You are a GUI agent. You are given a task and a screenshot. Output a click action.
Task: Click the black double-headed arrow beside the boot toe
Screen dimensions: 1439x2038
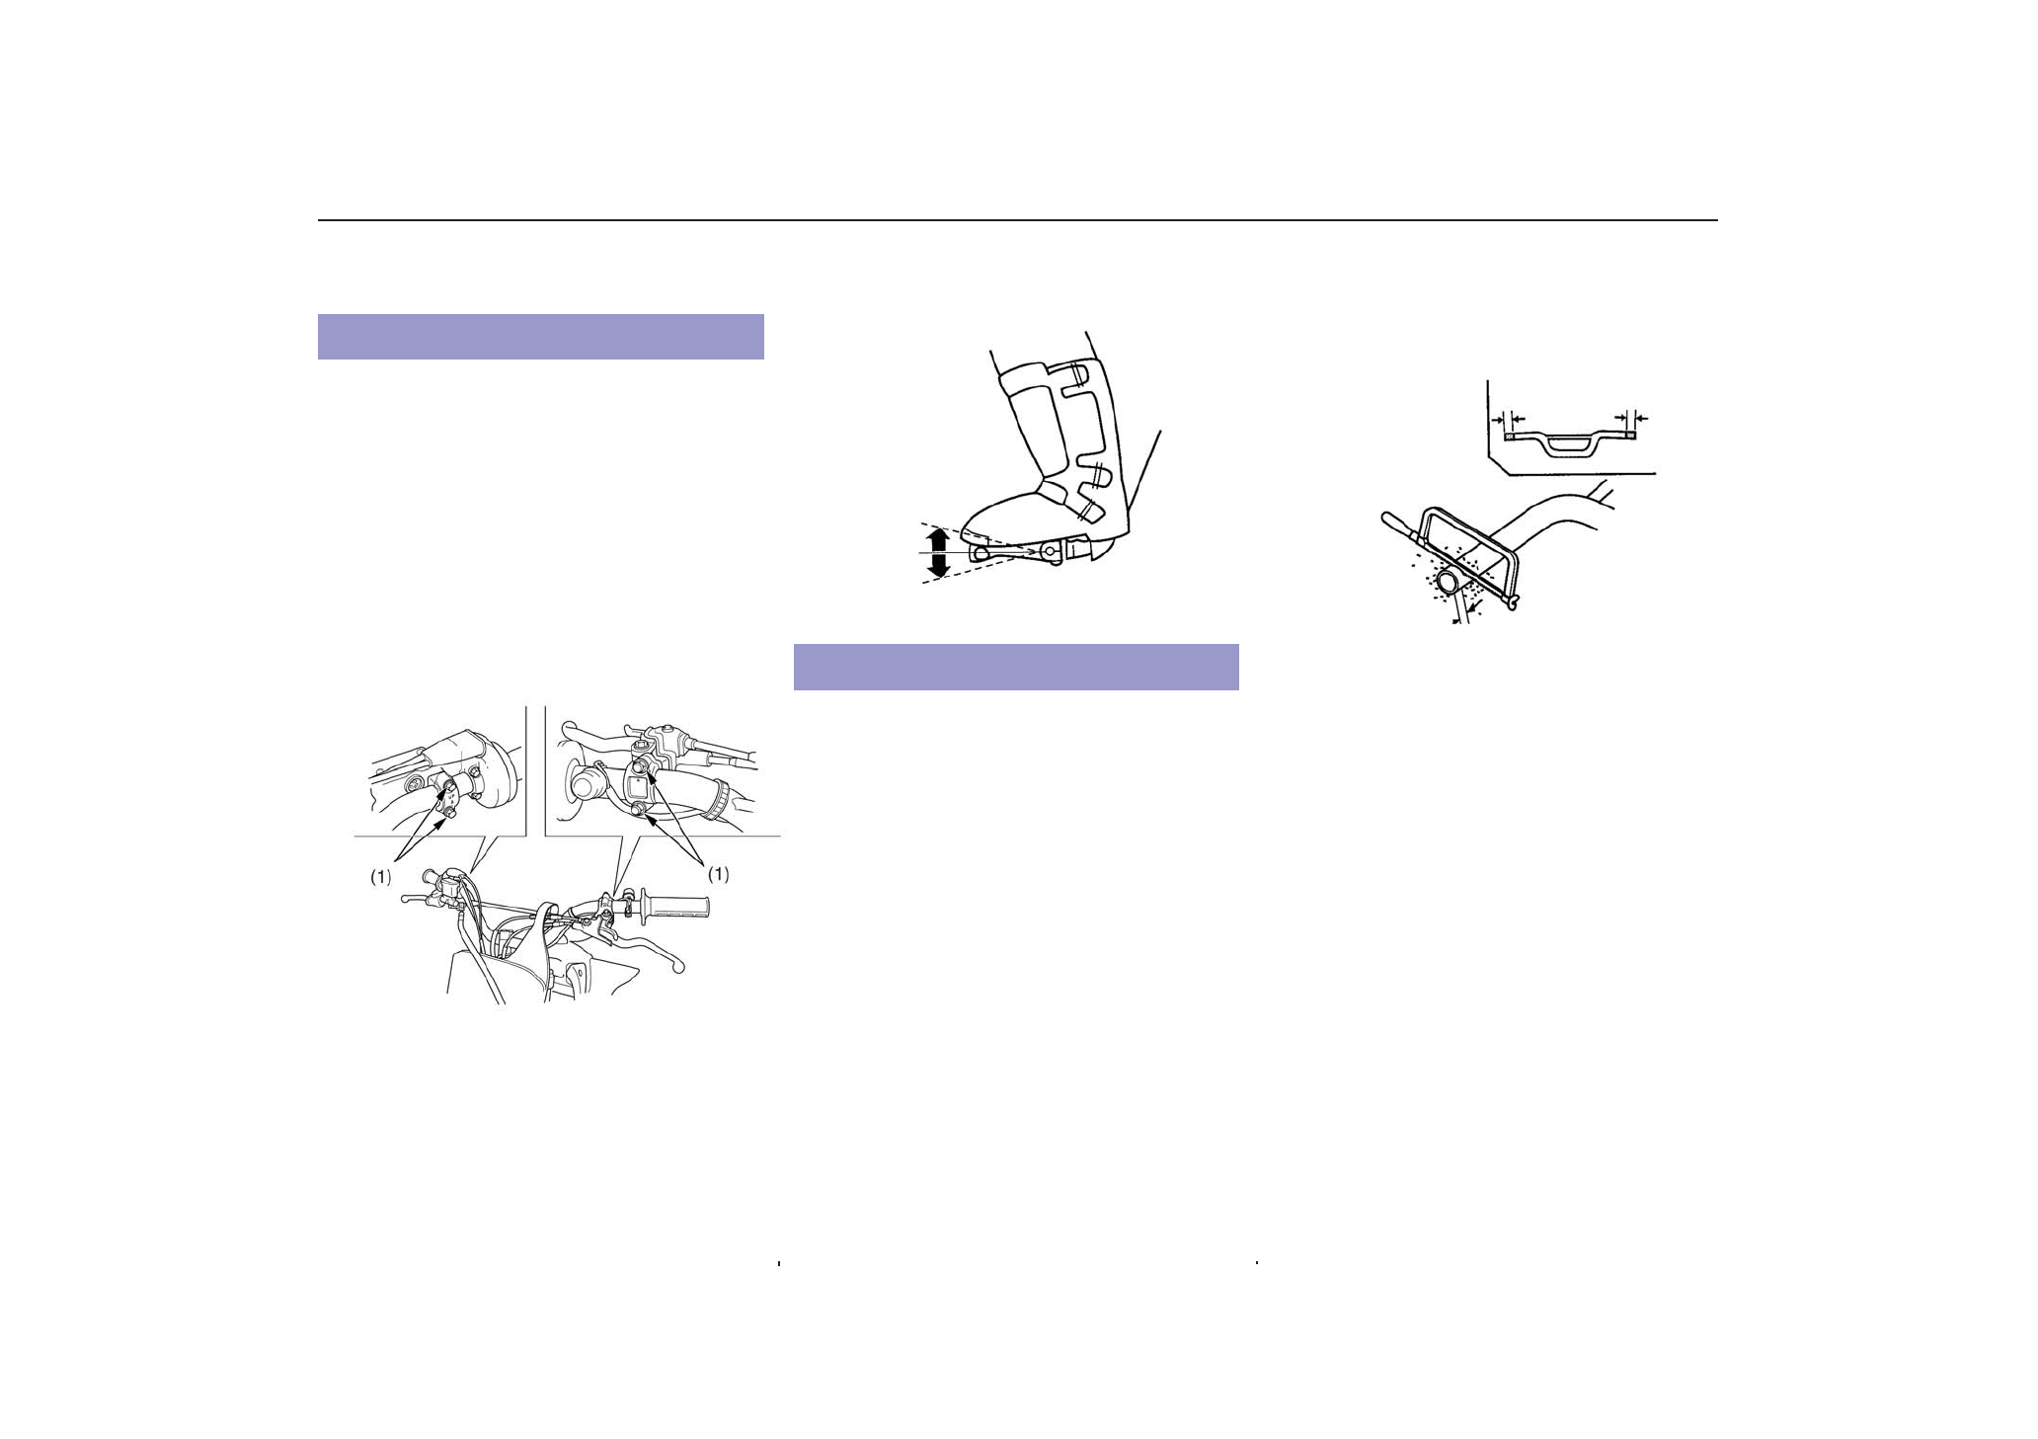pyautogui.click(x=939, y=552)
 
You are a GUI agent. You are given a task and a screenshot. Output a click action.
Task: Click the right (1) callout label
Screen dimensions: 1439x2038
pyautogui.click(x=719, y=874)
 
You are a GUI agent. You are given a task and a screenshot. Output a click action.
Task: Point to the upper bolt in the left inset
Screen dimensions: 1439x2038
pyautogui.click(x=448, y=786)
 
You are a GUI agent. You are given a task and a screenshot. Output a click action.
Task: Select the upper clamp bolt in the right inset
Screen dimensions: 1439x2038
pyautogui.click(x=643, y=765)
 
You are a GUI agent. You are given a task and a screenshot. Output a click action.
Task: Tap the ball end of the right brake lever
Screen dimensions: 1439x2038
pyautogui.click(x=677, y=970)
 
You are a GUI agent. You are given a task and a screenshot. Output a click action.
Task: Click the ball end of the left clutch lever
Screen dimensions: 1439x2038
pyautogui.click(x=406, y=900)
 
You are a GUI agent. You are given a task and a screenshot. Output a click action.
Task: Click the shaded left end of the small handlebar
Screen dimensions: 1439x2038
pyautogui.click(x=1508, y=434)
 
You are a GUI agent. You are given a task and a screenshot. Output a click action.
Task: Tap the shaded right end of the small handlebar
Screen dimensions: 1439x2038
pyautogui.click(x=1630, y=434)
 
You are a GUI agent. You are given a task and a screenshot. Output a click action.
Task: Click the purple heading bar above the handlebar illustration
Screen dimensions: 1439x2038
pyautogui.click(x=541, y=337)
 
